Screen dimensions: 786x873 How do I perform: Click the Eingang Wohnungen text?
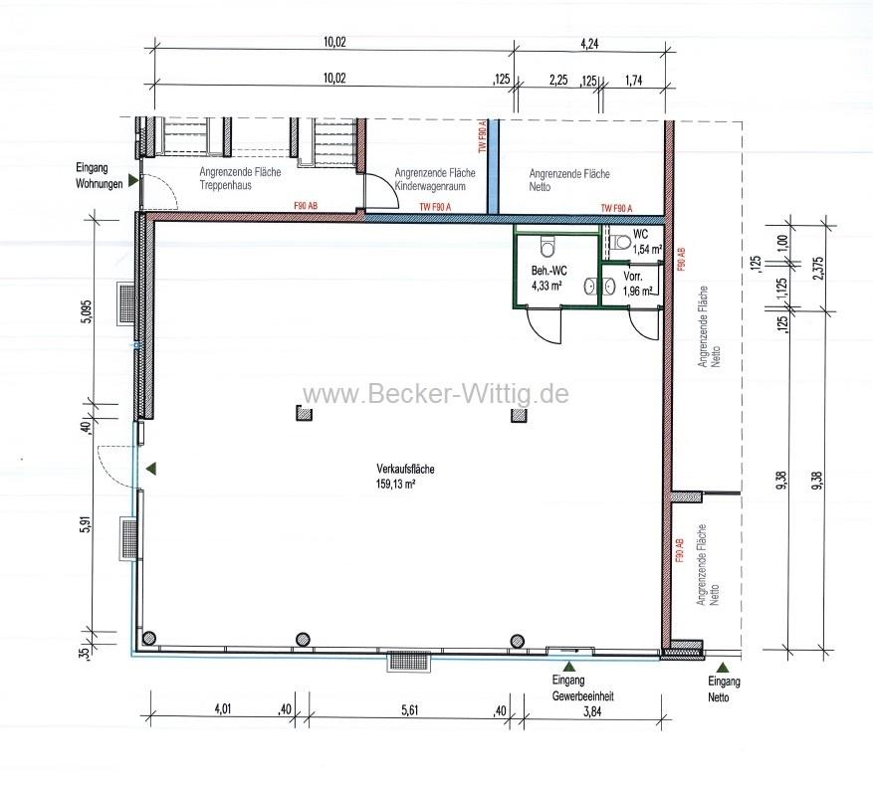click(x=98, y=176)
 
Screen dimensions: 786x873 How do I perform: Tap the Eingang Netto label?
click(x=724, y=689)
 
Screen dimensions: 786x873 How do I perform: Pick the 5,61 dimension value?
click(x=411, y=709)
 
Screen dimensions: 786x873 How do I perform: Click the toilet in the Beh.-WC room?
click(x=545, y=246)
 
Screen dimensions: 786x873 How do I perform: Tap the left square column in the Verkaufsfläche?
click(x=304, y=416)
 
